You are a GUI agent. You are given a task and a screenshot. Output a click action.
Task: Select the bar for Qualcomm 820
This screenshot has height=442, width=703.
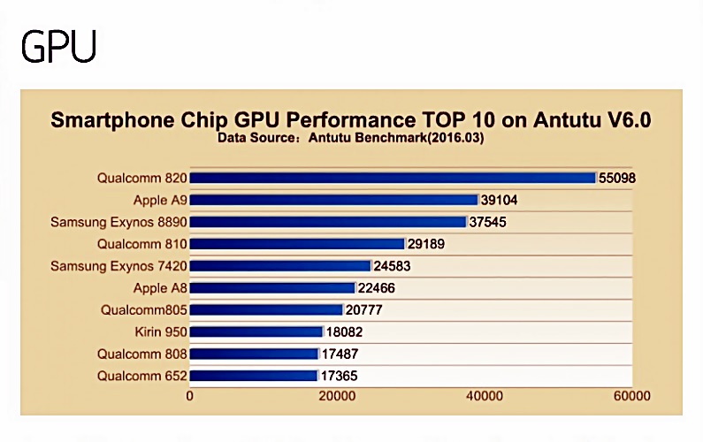tap(393, 178)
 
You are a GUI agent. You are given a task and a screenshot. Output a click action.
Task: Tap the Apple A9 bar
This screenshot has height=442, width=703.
tap(333, 200)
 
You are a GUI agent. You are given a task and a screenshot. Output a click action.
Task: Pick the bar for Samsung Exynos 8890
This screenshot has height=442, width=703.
tap(327, 222)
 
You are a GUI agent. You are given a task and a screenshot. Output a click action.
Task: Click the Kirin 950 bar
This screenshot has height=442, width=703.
tap(256, 331)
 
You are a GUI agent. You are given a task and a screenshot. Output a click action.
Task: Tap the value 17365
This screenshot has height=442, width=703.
tap(340, 376)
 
